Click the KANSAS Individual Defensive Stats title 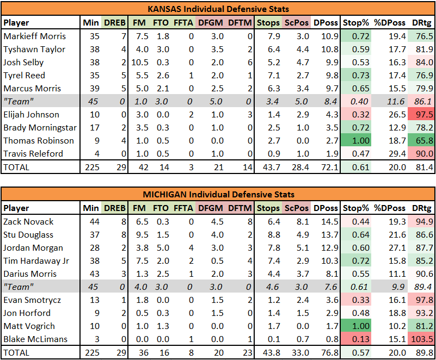218,9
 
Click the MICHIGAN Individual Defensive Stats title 218,194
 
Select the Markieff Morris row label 34,36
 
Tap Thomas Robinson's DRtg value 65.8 425,140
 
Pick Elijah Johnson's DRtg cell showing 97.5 425,114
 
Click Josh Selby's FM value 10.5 140,62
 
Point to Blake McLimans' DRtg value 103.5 422,339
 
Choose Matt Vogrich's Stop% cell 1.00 361,326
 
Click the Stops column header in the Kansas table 268,22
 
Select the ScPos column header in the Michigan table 297,208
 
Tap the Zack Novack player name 28,222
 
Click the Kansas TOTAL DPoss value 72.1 330,167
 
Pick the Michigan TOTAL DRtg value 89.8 425,352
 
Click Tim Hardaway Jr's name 36,261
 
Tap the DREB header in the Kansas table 115,22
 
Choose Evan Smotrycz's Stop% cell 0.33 361,300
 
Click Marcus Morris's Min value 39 95,88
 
